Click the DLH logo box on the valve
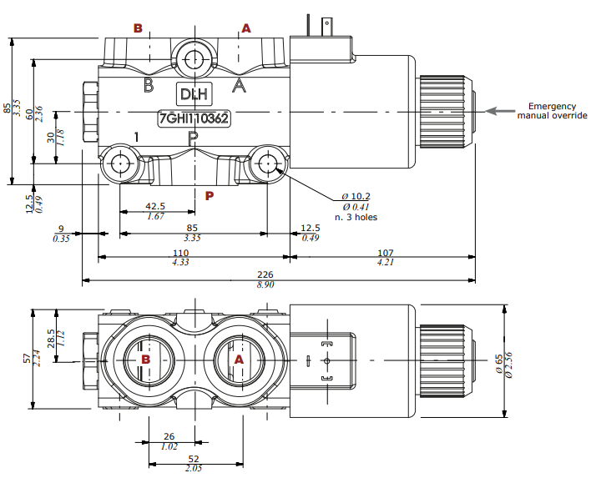[x=194, y=93]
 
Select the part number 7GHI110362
[x=194, y=118]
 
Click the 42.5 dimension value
[x=155, y=206]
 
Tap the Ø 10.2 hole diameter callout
[x=356, y=197]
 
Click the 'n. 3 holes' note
[x=356, y=217]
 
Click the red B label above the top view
[x=139, y=28]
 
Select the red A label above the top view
[x=245, y=28]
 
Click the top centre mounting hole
[x=194, y=59]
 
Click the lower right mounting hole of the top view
[x=267, y=164]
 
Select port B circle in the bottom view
[x=146, y=360]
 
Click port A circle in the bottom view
[x=239, y=360]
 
